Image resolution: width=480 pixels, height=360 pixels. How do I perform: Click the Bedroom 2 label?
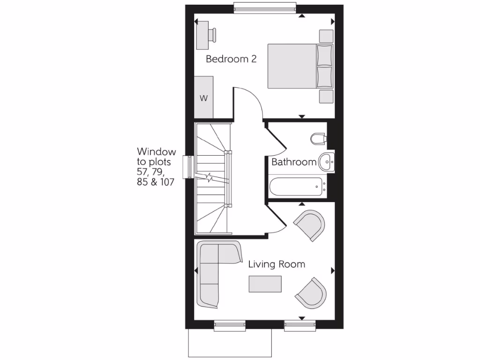[x=231, y=60]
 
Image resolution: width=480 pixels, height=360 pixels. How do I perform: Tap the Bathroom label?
[x=294, y=162]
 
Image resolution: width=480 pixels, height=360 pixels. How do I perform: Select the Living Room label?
[x=277, y=264]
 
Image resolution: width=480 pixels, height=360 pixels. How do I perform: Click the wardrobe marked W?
[x=204, y=98]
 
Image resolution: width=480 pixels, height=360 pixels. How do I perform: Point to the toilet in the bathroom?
[x=318, y=138]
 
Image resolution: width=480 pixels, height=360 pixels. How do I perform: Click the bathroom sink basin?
[x=326, y=162]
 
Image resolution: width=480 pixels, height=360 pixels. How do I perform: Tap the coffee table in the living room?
[x=265, y=284]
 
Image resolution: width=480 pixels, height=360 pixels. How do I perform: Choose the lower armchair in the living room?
[x=311, y=292]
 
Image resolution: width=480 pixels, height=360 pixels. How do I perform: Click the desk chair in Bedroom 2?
[x=213, y=34]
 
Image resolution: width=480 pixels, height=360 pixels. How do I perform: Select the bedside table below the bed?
[x=326, y=96]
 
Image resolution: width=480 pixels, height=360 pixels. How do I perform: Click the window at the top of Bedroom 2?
[x=265, y=8]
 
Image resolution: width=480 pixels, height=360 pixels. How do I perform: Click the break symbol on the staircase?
[x=210, y=178]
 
